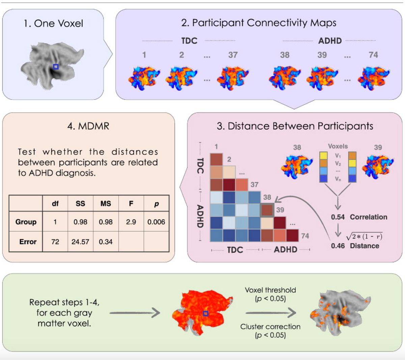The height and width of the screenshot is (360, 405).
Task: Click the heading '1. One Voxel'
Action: tap(53, 23)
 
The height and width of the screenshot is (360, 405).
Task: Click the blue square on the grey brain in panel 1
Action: tap(56, 67)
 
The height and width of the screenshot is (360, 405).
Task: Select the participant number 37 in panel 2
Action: tap(233, 55)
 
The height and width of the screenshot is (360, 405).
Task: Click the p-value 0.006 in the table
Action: tap(156, 222)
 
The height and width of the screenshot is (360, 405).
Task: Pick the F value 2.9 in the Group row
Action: tap(131, 222)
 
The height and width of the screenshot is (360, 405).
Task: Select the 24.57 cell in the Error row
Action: tap(80, 242)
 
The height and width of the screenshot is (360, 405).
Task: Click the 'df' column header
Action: tap(55, 203)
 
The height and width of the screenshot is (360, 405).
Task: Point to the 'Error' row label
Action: tap(28, 242)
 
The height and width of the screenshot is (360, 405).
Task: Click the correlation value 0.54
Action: tap(338, 217)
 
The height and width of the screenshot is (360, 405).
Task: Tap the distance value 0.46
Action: tap(338, 246)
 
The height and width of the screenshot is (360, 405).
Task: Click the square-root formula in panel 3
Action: tap(364, 236)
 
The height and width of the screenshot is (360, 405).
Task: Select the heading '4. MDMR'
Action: tap(88, 126)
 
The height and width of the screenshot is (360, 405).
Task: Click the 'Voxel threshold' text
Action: tap(270, 290)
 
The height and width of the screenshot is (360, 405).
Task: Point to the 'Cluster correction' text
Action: tap(270, 327)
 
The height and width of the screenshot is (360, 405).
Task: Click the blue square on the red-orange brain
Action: tap(206, 313)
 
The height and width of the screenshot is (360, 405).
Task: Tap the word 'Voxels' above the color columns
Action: tap(338, 146)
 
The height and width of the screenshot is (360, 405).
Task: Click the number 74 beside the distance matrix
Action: tap(305, 236)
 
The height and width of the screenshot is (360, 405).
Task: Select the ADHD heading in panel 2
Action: tap(330, 41)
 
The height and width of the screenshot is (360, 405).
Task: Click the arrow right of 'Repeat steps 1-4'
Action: tap(135, 313)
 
